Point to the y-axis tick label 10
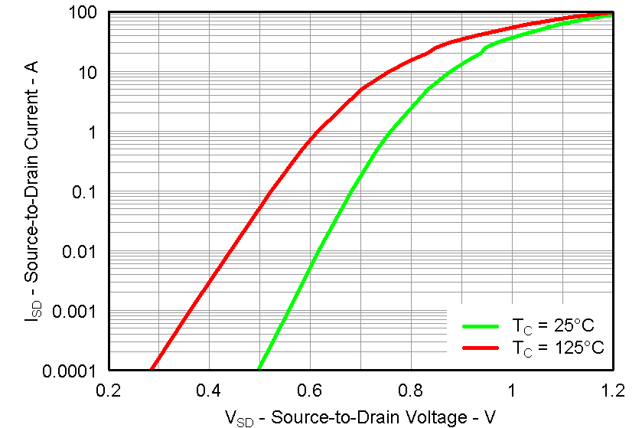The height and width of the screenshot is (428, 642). tap(86, 74)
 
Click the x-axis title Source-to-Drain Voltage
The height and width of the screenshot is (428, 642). tap(360, 417)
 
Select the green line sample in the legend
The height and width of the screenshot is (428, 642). tap(484, 325)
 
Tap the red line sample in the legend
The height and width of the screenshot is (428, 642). tap(484, 348)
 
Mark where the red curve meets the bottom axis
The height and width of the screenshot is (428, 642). tap(152, 369)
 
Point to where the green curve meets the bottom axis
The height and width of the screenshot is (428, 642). tap(260, 369)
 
